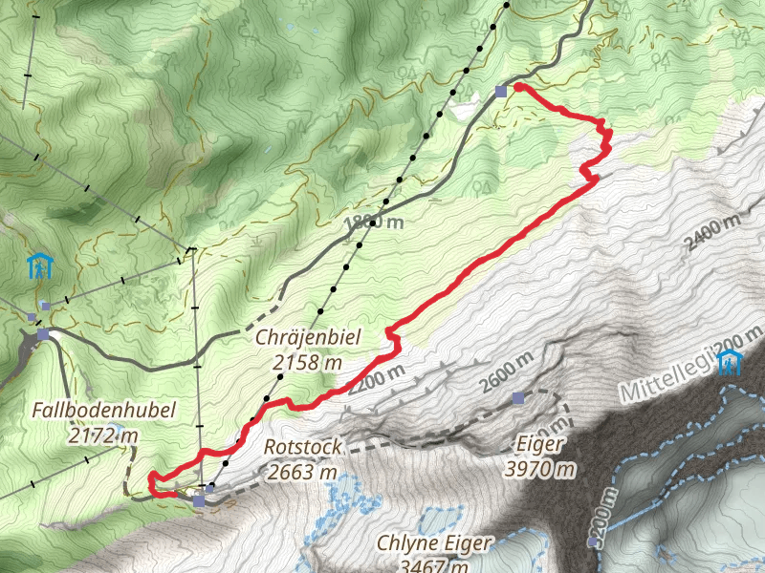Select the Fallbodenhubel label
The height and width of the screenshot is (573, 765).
[103, 411]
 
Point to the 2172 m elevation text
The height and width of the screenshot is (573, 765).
[103, 436]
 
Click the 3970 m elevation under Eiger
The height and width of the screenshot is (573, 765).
[540, 468]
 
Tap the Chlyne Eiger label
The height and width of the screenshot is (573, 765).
[434, 543]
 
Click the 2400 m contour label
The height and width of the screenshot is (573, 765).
[712, 232]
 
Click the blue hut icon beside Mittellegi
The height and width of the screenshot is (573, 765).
[732, 362]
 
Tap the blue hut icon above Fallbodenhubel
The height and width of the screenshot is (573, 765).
[40, 265]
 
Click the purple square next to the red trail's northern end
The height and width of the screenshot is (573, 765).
[501, 92]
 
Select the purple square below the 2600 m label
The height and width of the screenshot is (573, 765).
[518, 397]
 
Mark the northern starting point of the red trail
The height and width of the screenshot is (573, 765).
[518, 87]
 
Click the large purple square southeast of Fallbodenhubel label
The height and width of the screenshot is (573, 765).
[199, 500]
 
